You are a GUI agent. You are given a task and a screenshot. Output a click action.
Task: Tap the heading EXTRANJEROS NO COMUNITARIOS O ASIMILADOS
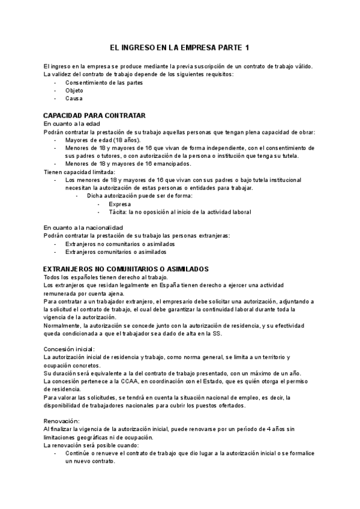tap(126, 268)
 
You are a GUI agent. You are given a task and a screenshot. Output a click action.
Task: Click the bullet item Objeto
tap(74, 90)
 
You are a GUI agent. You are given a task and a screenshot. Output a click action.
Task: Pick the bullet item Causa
tap(74, 98)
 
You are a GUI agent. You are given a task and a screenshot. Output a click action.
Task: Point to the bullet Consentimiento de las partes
tap(104, 82)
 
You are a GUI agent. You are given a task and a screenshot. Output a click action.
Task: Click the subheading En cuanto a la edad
tap(71, 123)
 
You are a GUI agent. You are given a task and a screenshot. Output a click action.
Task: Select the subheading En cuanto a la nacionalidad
tap(83, 227)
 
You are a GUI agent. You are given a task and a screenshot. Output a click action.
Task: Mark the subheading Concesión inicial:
tap(69, 349)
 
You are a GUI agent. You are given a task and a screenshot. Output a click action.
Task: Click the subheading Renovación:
tap(62, 421)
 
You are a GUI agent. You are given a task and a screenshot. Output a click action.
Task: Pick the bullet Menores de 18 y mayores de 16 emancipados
tap(128, 163)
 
